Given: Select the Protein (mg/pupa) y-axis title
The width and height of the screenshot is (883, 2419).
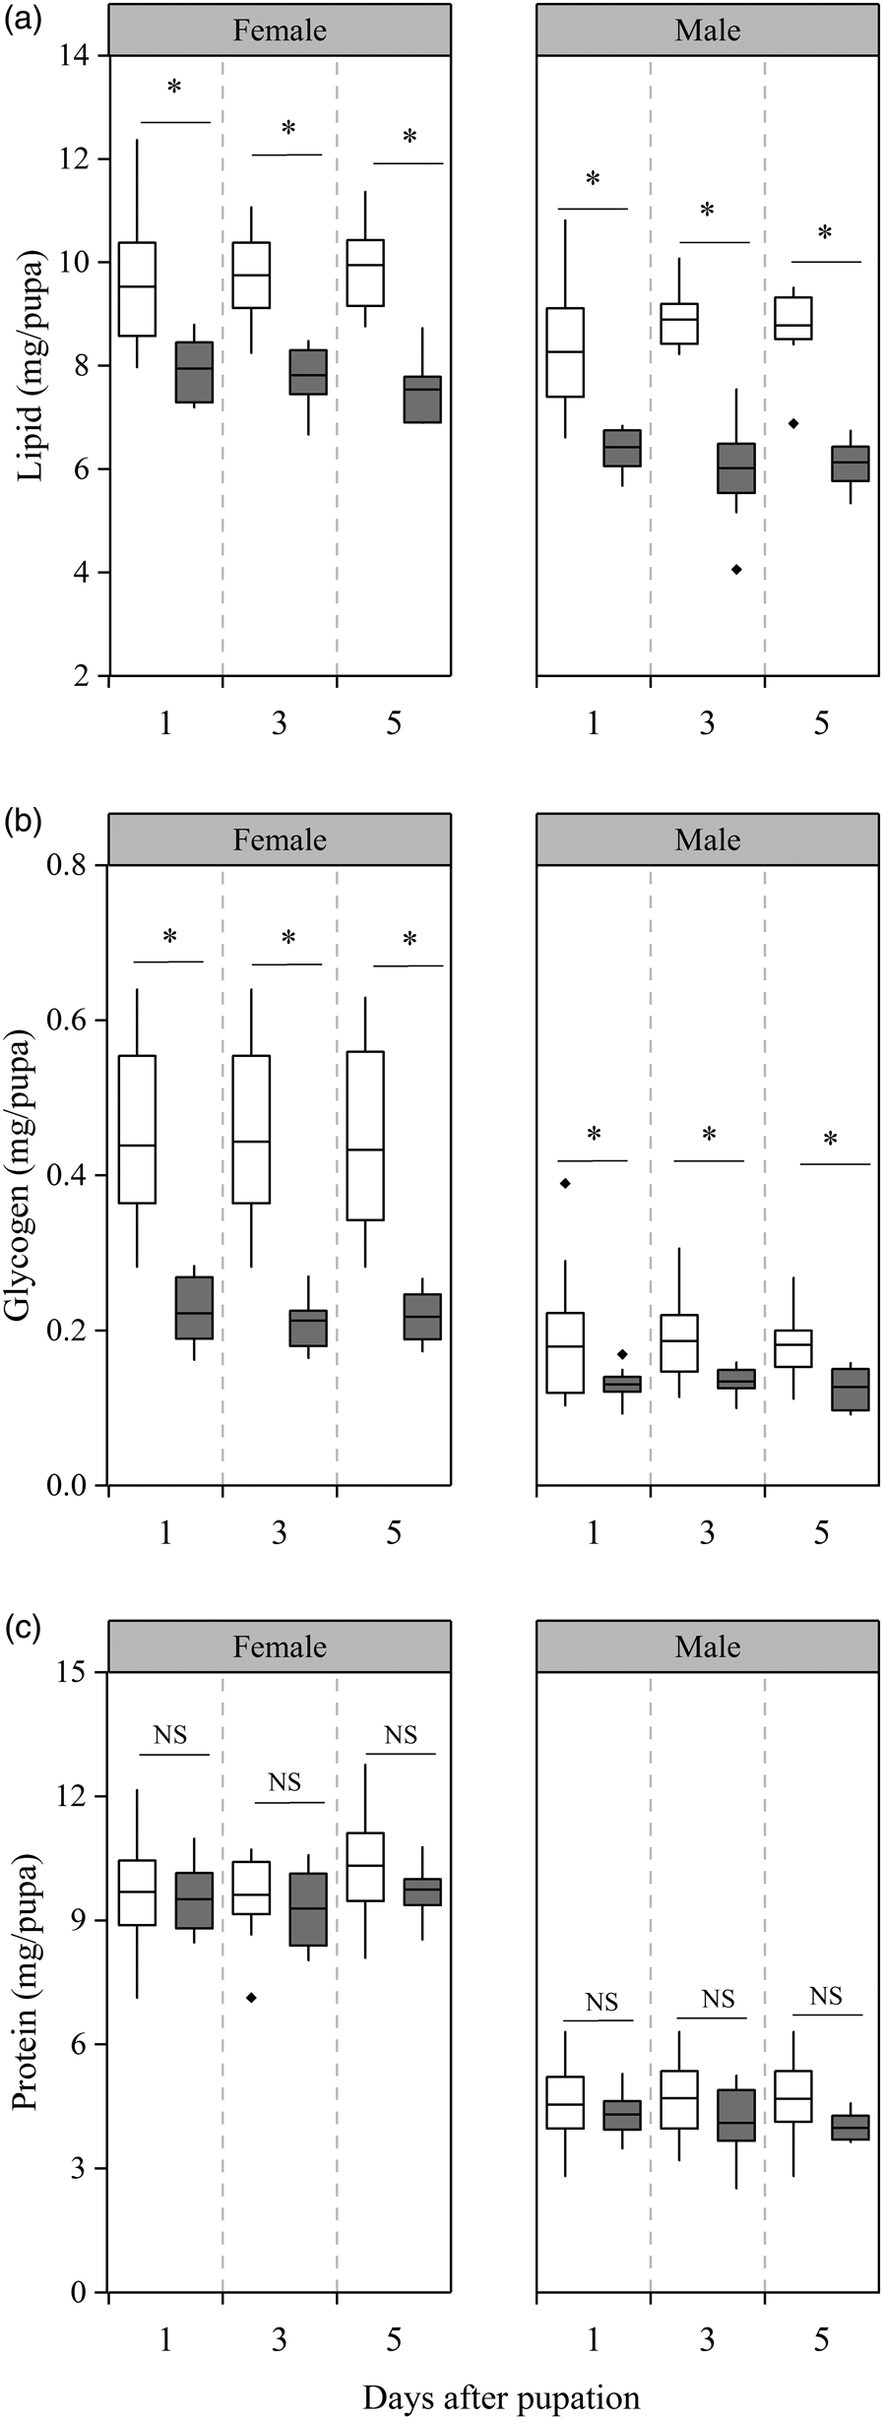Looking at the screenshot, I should [26, 1983].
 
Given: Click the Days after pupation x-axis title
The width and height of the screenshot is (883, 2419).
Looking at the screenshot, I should [501, 2396].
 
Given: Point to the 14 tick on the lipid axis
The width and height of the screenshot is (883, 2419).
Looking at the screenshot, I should [79, 56].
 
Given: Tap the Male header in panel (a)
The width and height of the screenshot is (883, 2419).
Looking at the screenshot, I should [707, 31].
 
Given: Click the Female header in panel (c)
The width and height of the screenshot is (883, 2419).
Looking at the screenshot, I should [280, 1647].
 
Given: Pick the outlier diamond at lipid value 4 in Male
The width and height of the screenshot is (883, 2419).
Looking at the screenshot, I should [736, 570].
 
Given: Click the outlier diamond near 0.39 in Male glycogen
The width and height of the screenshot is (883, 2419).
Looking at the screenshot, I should [565, 1183].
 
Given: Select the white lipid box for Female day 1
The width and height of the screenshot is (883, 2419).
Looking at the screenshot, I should [137, 288].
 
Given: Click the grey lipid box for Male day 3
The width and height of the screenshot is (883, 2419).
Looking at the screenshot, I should [736, 468].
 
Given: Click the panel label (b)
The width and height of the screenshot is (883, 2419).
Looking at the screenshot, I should [22, 820].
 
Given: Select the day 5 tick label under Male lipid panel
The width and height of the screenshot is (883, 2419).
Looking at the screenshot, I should [821, 723].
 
